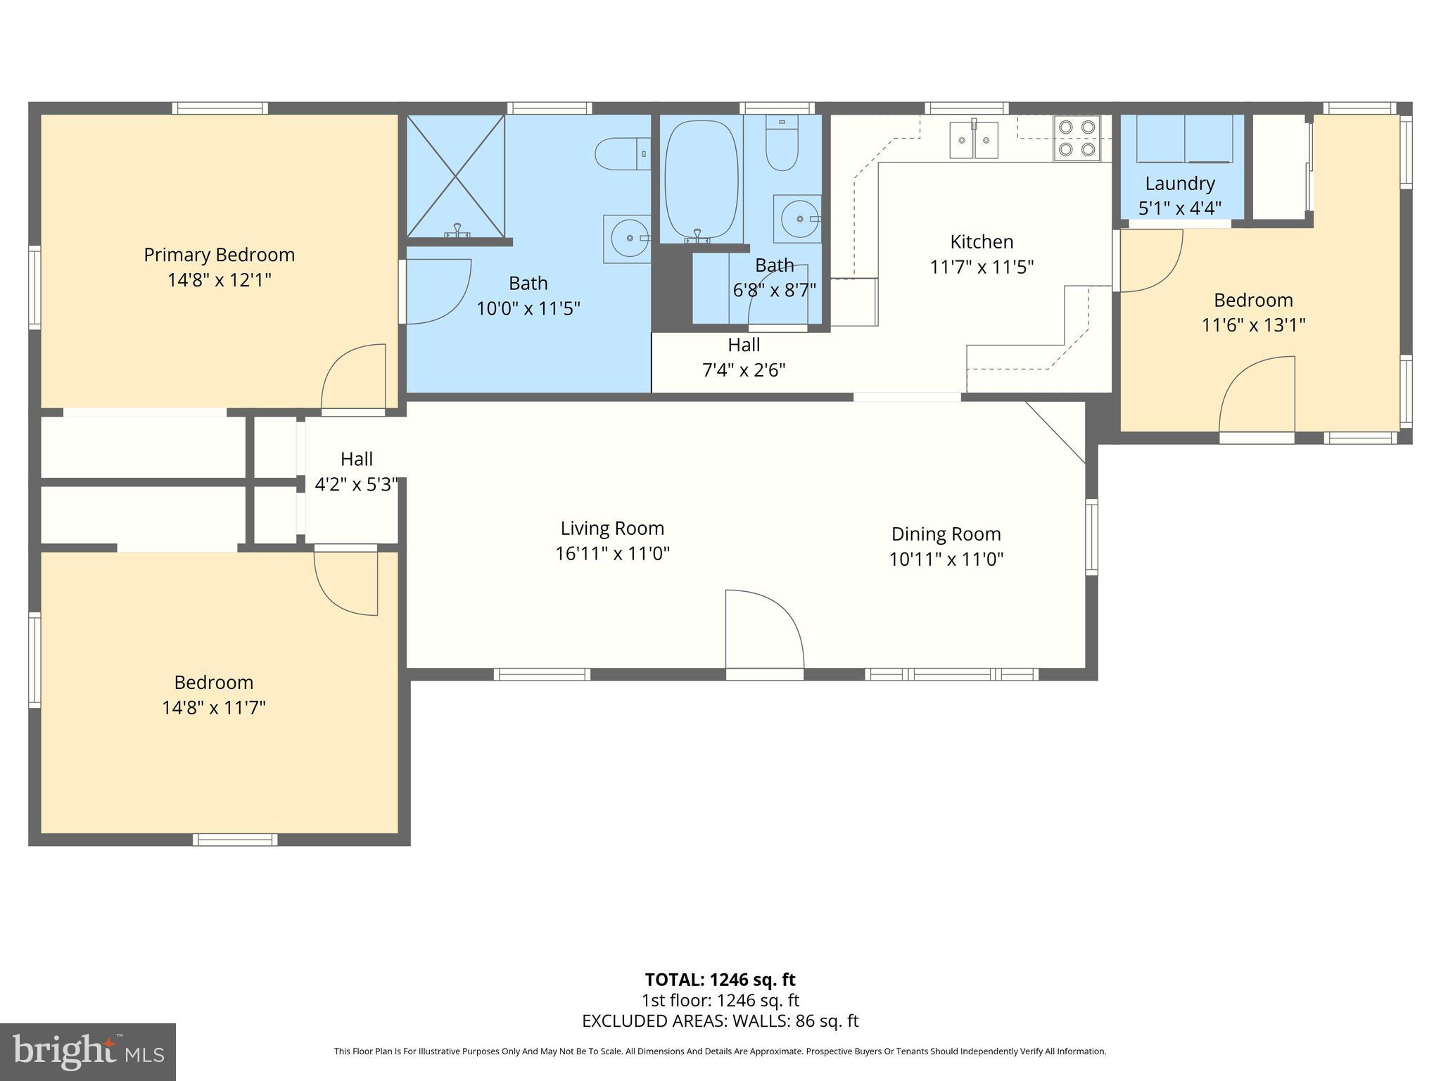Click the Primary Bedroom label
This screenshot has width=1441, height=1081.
219,255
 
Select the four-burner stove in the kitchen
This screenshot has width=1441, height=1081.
1077,138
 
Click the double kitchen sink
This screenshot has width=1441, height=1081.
974,139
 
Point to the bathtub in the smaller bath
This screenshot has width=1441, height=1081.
702,179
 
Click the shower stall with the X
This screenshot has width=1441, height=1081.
456,176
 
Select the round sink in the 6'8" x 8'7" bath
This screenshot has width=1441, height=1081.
799,218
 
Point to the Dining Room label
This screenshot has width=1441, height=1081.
946,534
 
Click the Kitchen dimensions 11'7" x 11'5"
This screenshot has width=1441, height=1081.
982,267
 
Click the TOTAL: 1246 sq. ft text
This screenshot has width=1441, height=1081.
720,980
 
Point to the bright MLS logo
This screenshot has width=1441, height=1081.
88,1051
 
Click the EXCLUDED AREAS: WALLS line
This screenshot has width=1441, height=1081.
720,1021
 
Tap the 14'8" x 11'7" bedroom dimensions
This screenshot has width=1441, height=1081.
214,707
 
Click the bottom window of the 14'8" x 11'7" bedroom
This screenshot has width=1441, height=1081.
235,840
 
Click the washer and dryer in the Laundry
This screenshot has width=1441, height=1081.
1184,139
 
